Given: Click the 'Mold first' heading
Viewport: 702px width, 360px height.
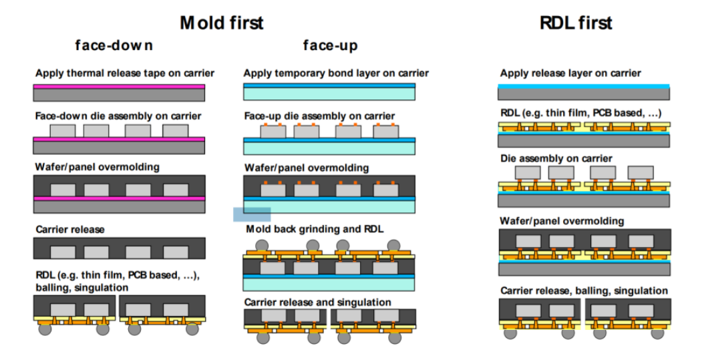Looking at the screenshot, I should click(221, 22).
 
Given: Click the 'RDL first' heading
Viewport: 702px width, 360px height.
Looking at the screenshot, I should click(576, 22).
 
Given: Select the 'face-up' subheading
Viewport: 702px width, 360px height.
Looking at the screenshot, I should click(330, 46).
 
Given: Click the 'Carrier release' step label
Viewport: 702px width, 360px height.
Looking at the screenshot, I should click(69, 229).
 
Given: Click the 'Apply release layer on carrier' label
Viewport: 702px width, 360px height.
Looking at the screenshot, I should click(570, 73).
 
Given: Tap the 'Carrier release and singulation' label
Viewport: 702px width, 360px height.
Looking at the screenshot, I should click(317, 302).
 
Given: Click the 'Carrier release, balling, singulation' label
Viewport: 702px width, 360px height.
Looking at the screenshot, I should click(584, 291).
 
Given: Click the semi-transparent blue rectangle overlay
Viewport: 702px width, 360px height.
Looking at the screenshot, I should click(252, 214).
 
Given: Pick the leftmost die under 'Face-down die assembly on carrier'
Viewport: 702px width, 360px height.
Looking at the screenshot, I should click(62, 130).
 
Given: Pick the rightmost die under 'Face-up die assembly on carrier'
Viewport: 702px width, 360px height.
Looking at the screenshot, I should click(385, 132).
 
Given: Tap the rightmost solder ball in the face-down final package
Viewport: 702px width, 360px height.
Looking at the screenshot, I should click(192, 329).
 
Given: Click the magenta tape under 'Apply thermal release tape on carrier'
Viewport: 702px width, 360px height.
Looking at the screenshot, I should click(119, 86).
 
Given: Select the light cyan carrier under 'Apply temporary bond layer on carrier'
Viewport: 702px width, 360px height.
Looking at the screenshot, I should click(329, 95).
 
